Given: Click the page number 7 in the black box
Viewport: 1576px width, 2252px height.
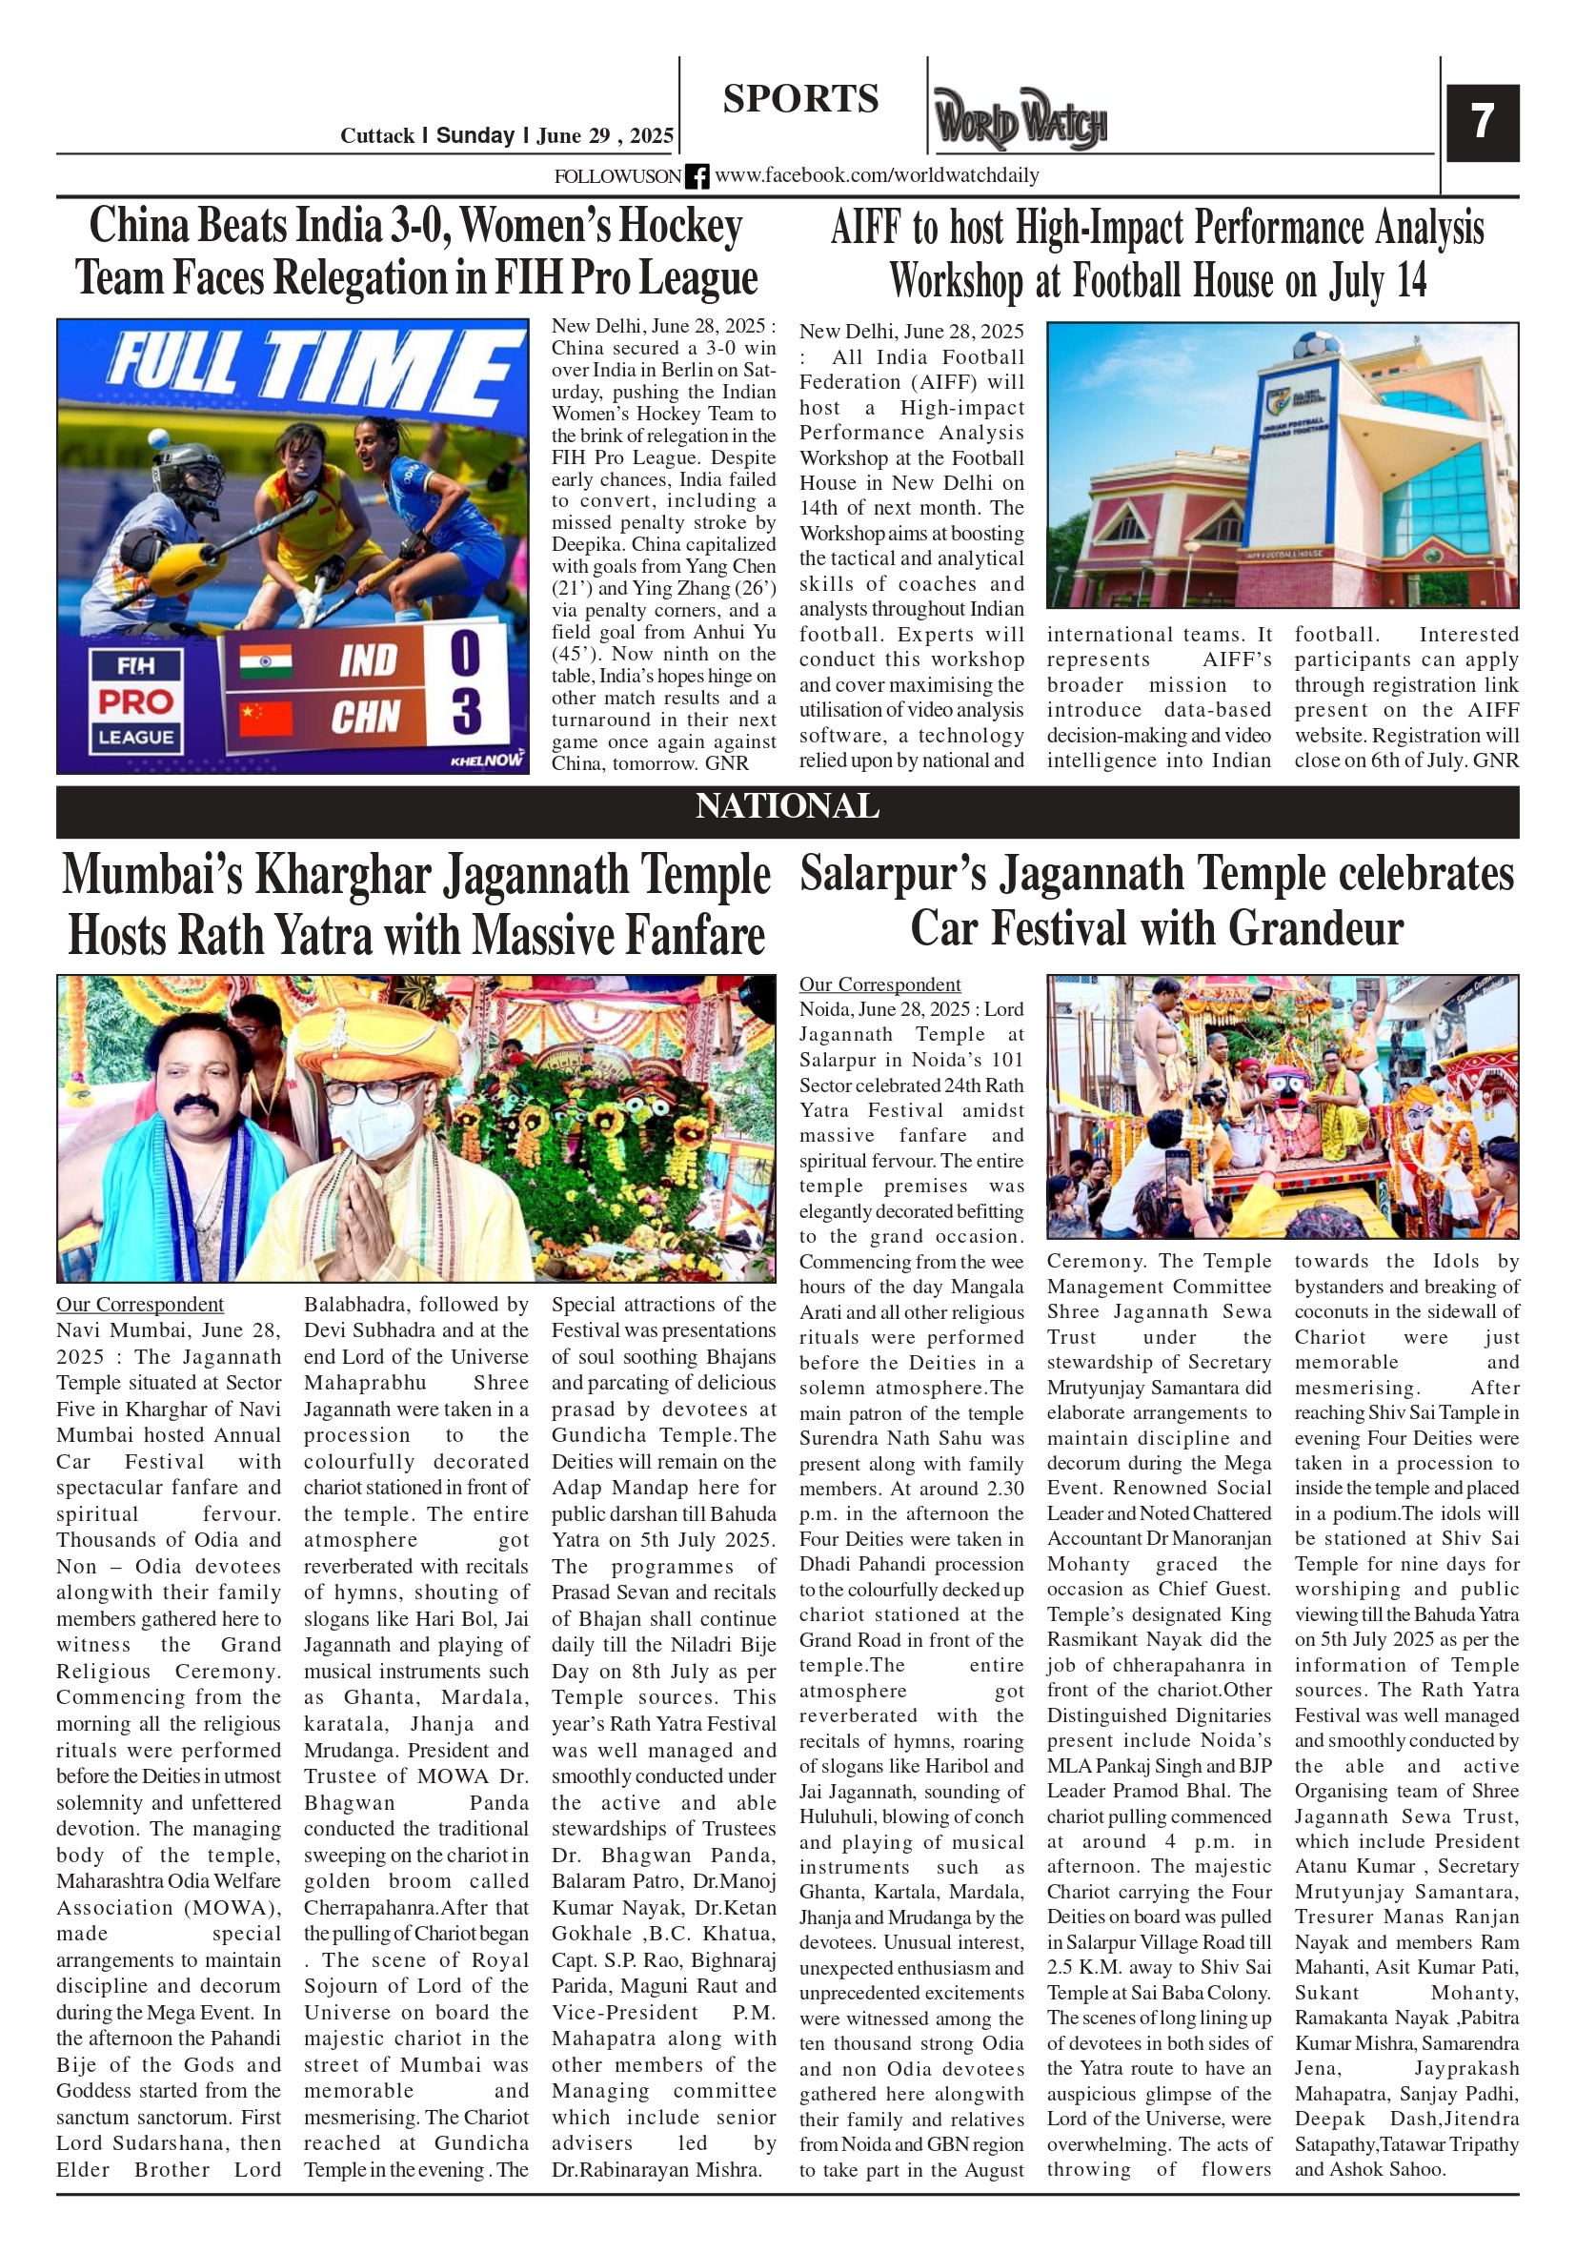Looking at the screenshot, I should [x=1481, y=122].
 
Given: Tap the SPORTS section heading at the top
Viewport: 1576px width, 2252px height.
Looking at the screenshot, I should [x=800, y=99].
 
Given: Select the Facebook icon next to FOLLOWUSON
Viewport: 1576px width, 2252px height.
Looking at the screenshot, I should [x=697, y=176].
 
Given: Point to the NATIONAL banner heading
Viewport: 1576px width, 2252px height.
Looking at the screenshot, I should [x=786, y=806].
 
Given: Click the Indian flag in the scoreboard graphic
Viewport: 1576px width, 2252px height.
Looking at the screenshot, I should [x=266, y=661].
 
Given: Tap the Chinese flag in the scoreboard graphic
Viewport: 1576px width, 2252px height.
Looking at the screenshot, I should [x=266, y=716].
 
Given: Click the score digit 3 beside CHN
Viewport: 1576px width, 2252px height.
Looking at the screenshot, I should [x=466, y=711].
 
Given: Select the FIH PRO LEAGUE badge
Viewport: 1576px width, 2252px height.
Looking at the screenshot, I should [x=135, y=700].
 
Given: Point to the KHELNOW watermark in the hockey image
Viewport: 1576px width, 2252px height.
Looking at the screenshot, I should [x=487, y=761].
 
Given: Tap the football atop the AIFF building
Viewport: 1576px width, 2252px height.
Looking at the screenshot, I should [x=1313, y=346].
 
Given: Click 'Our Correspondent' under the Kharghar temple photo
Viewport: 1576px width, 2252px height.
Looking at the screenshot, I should [x=139, y=1304].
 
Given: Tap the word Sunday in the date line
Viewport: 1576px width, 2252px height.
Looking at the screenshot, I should [x=475, y=135].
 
